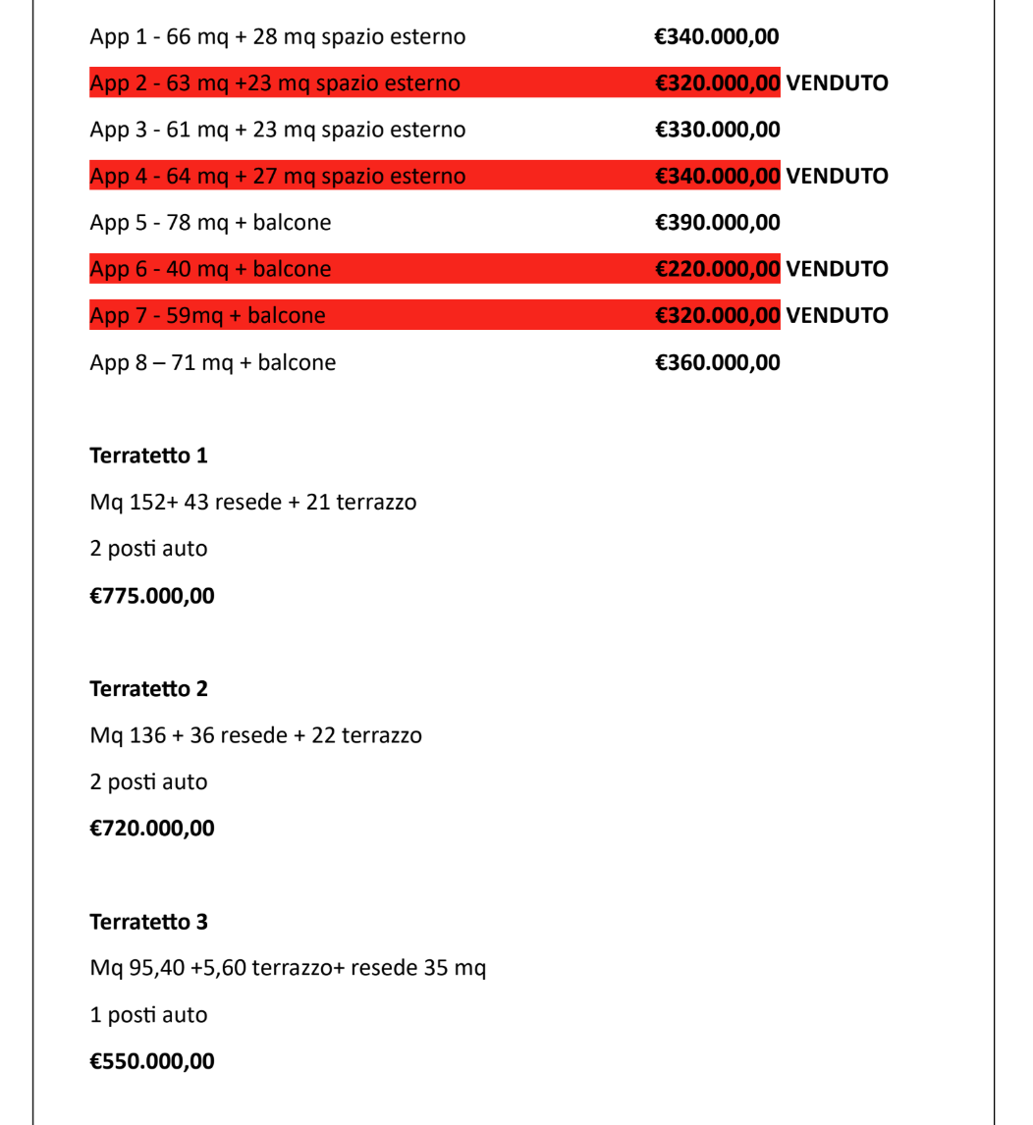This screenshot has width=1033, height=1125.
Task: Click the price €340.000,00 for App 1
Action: click(x=717, y=37)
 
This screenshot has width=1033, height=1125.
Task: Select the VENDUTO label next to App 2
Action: click(x=837, y=83)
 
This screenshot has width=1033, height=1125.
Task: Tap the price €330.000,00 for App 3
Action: click(x=717, y=130)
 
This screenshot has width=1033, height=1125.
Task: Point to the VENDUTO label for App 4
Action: click(x=837, y=177)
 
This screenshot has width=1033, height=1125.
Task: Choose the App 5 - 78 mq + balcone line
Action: click(x=210, y=223)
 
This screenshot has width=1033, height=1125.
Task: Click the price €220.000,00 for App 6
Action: click(x=717, y=269)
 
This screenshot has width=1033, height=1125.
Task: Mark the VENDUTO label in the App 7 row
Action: click(x=837, y=316)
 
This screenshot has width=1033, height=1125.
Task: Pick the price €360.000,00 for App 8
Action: click(x=717, y=363)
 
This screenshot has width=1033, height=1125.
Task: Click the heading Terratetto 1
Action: click(x=148, y=455)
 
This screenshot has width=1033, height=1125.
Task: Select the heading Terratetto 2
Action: click(x=148, y=689)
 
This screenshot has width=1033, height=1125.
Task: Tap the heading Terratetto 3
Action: click(x=148, y=923)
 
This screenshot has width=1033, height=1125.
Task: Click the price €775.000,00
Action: click(x=151, y=596)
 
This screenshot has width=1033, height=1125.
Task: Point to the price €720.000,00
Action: click(x=151, y=829)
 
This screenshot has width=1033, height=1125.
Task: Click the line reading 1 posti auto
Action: click(x=148, y=1015)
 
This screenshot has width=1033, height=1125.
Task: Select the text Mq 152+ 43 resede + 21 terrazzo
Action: click(x=252, y=503)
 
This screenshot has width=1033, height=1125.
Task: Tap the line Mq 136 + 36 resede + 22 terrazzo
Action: click(x=255, y=735)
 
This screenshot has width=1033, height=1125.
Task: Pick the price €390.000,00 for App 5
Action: click(x=717, y=223)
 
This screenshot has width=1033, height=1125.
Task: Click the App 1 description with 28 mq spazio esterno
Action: click(x=277, y=37)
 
